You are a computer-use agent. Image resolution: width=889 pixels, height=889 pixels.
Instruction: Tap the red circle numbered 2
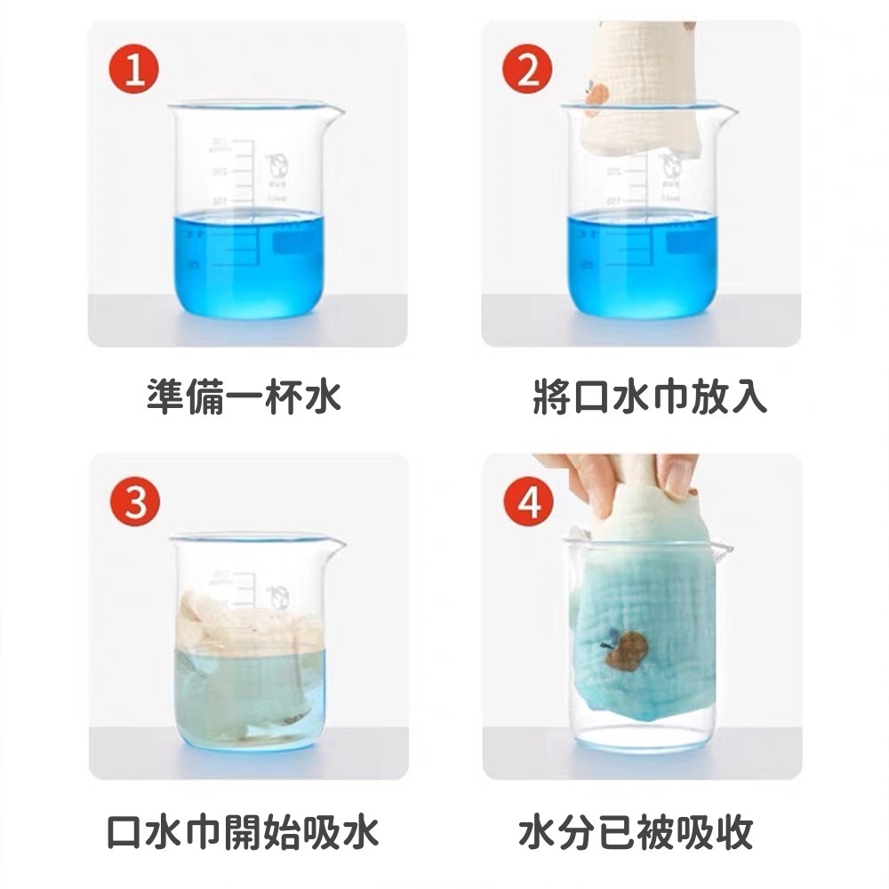tap(528, 70)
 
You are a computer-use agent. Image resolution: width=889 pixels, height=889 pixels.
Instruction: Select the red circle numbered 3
tap(134, 503)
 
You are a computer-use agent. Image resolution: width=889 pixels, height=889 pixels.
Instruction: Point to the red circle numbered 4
tap(528, 503)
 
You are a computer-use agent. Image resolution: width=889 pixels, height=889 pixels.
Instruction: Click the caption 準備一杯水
tap(244, 396)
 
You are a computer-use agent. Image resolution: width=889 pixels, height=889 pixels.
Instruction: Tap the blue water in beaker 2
tap(640, 267)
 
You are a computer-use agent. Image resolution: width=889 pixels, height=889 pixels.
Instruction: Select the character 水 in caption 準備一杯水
tap(321, 396)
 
